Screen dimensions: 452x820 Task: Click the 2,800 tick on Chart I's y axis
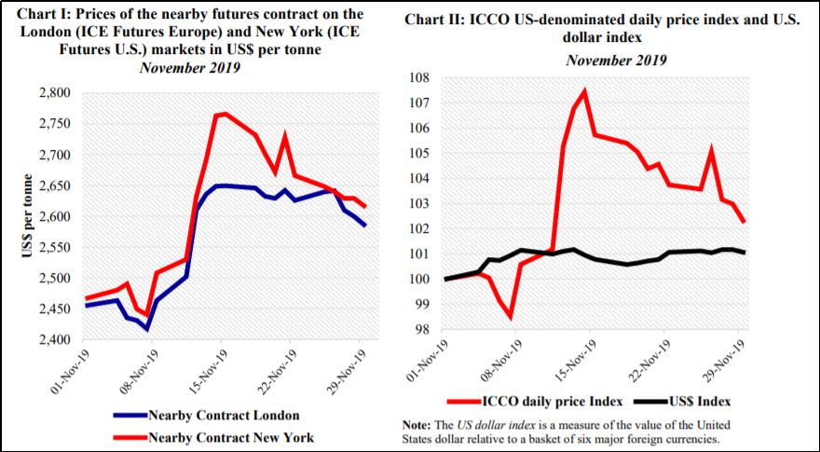[x=61, y=93]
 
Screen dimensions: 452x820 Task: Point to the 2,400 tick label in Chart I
[x=61, y=340]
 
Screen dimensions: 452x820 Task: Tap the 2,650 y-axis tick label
[x=61, y=185]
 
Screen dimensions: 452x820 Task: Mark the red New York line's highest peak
[x=225, y=114]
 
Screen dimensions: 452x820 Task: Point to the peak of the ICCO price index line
[x=584, y=90]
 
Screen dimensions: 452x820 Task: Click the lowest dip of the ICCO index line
[x=510, y=318]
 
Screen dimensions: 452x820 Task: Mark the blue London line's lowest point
[x=146, y=329]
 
